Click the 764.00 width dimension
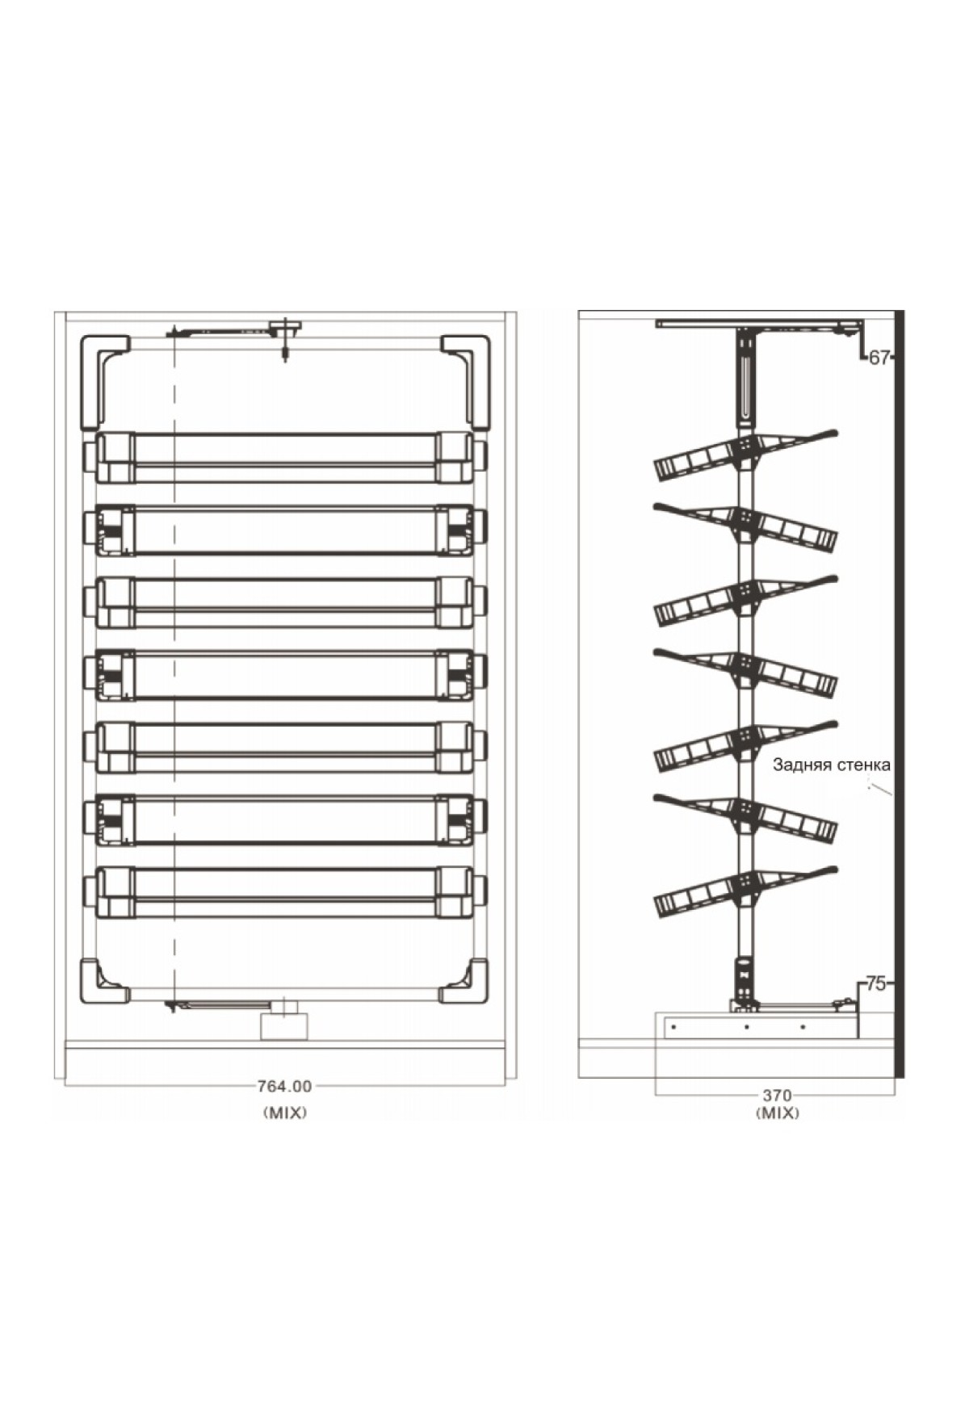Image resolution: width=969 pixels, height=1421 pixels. click(284, 1087)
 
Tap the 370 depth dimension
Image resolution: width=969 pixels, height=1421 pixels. click(778, 1096)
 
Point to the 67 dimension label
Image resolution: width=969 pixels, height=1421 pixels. click(879, 358)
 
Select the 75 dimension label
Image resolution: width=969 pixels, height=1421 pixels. click(876, 984)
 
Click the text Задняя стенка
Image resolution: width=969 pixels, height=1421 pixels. click(832, 765)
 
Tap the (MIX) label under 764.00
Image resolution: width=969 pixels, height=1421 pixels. click(285, 1113)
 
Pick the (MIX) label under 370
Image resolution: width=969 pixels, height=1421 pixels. click(778, 1113)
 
